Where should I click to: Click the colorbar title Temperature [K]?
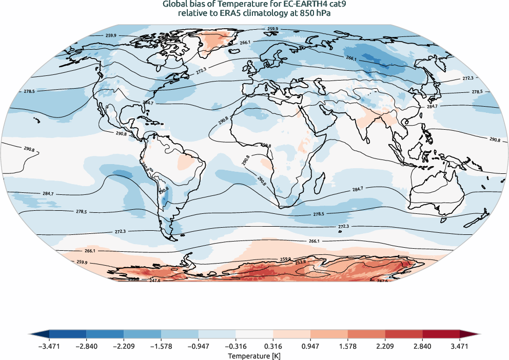tap(254, 355)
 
